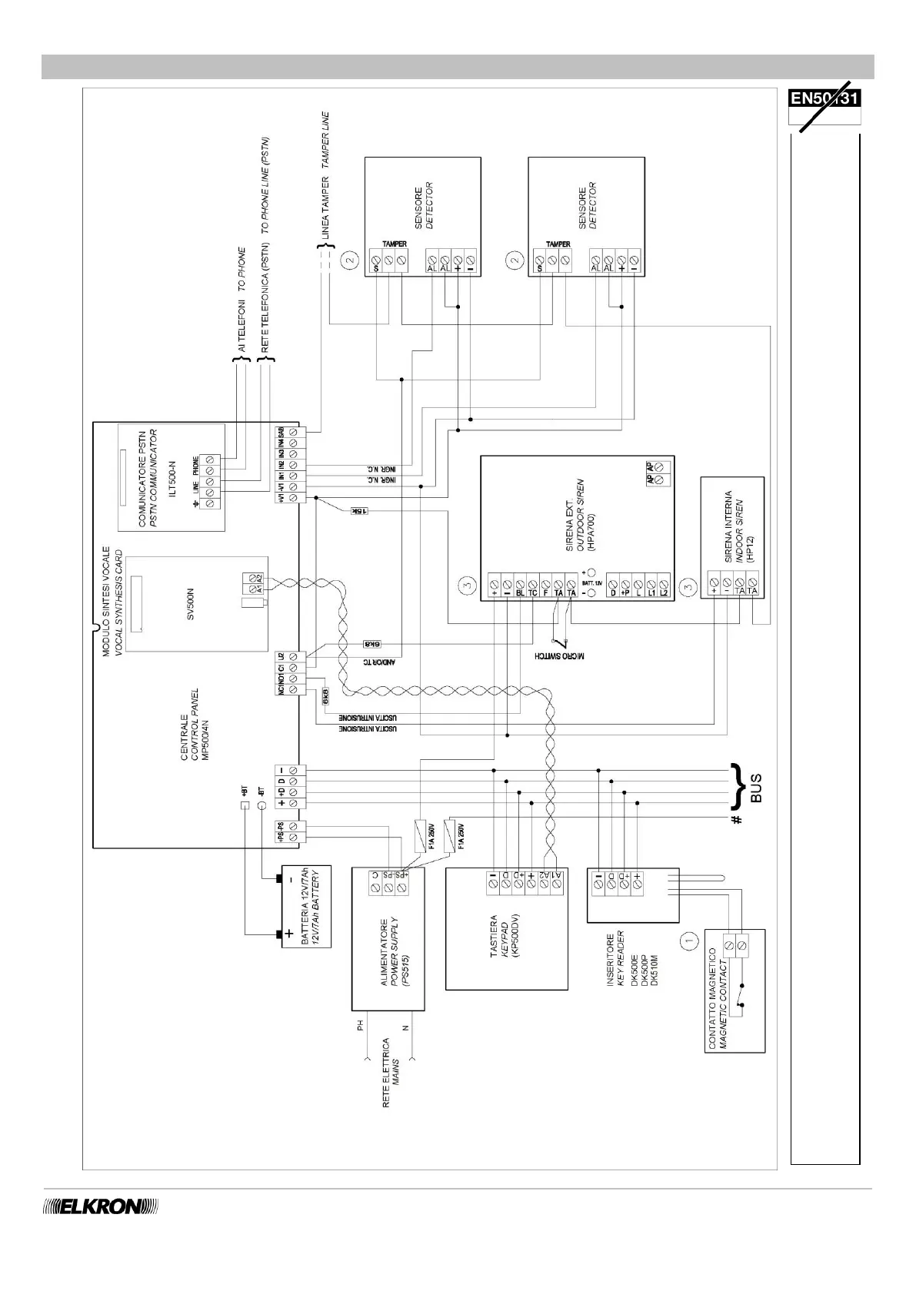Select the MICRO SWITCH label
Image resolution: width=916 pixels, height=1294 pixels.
560,657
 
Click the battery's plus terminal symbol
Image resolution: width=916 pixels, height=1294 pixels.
289,934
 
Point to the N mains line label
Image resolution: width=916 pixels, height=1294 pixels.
405,1027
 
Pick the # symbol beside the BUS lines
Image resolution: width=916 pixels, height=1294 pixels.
737,821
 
